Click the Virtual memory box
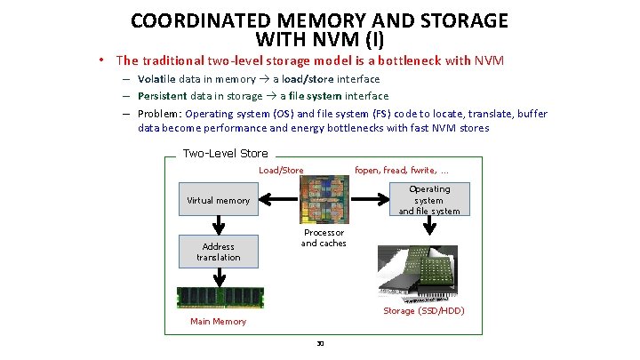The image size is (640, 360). (x=218, y=200)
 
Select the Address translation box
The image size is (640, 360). (x=218, y=252)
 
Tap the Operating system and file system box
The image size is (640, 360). (x=429, y=200)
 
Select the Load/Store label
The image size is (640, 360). (x=281, y=170)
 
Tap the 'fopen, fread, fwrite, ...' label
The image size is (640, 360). (x=402, y=170)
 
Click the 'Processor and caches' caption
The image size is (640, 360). (x=324, y=237)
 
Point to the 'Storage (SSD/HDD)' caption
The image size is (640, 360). (x=424, y=310)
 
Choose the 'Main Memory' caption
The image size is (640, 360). (x=218, y=321)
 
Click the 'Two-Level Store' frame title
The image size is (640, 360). (x=225, y=153)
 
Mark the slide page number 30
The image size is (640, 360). (x=320, y=342)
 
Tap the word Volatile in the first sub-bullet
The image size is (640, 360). (x=157, y=78)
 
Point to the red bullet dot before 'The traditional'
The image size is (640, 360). (x=103, y=60)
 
